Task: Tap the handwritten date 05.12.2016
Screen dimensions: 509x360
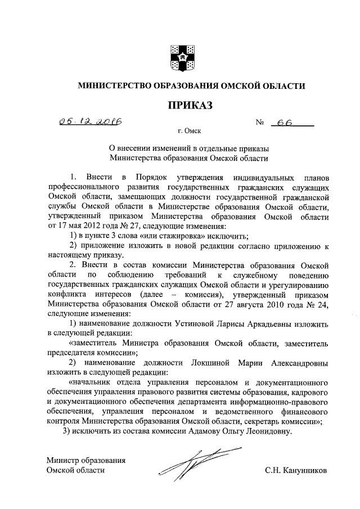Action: pos(92,122)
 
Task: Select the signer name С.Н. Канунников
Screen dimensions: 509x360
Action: pos(296,470)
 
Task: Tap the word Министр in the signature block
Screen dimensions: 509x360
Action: pos(65,460)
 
